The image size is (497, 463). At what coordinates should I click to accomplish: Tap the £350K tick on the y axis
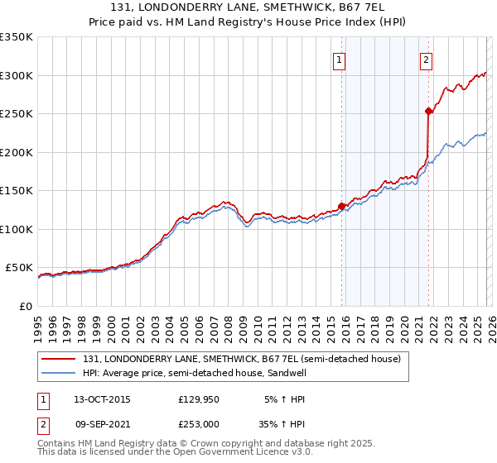[x=17, y=37]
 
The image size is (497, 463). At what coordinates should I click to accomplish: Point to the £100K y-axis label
[x=17, y=229]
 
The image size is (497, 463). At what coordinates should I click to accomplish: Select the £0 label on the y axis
[x=27, y=306]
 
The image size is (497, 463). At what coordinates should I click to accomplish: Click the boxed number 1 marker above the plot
[x=340, y=59]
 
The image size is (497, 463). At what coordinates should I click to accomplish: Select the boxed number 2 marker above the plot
[x=426, y=59]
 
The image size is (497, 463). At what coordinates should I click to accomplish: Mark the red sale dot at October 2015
[x=341, y=207]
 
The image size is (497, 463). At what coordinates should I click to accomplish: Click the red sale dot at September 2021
[x=428, y=111]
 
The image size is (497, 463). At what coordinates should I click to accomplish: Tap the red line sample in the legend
[x=60, y=359]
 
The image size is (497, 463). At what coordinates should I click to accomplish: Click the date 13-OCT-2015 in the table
[x=102, y=399]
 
